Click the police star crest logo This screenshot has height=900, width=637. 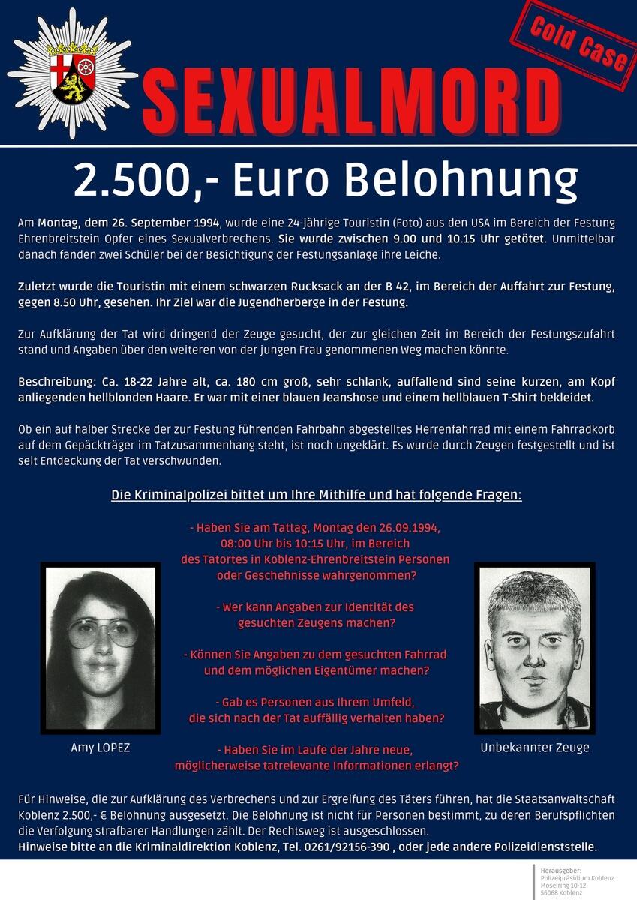tap(73, 73)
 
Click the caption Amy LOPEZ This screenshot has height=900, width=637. tap(100, 748)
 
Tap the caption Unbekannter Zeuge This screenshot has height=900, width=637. tap(534, 747)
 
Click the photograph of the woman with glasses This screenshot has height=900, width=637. tap(100, 649)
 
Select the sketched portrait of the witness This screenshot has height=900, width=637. tap(534, 648)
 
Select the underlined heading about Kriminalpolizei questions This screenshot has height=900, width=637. tap(316, 496)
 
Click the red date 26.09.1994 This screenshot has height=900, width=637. tap(410, 528)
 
